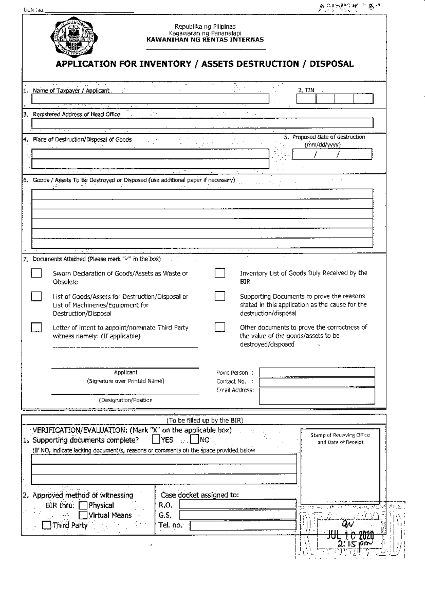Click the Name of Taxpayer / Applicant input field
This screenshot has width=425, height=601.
pos(150,99)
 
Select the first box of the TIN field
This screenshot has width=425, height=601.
pos(306,99)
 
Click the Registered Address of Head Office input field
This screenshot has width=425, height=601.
pos(202,123)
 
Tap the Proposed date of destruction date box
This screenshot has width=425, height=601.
pos(332,154)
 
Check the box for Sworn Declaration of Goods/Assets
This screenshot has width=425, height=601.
pos(36,273)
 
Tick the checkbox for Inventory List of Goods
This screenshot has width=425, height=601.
pos(220,273)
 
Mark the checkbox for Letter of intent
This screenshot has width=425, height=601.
pos(36,327)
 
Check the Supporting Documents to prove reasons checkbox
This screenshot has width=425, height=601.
pos(220,296)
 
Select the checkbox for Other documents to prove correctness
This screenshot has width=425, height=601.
pos(220,327)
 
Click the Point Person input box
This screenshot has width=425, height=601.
pos(317,372)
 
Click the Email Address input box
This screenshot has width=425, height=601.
pos(317,395)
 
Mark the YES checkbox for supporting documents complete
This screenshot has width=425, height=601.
pos(156,440)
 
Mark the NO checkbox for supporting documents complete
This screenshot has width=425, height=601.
pos(194,440)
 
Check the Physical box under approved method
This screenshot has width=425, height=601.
pos(83,505)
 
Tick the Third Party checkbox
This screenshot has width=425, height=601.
pos(46,525)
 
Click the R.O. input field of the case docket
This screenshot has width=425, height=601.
pos(237,504)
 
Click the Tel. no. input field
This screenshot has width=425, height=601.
pos(243,526)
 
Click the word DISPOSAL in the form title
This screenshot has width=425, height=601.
pos(331,64)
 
